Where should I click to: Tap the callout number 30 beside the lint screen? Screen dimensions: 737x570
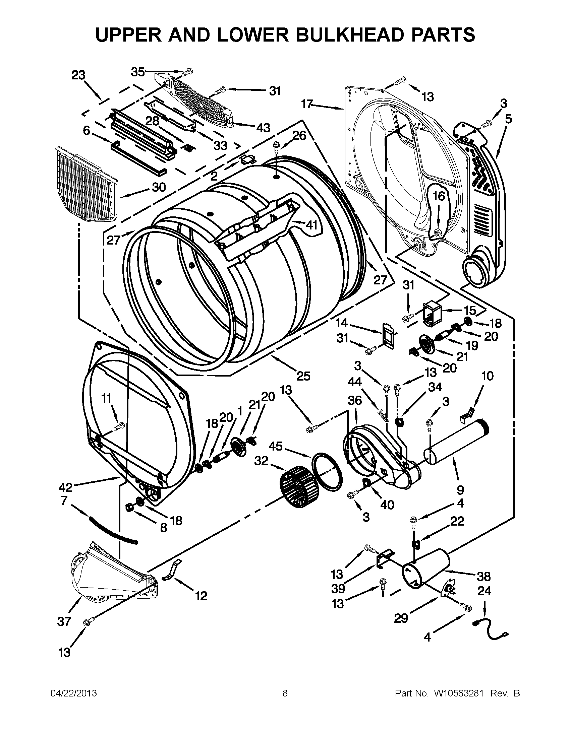point(159,187)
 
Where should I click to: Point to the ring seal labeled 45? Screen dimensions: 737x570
point(327,472)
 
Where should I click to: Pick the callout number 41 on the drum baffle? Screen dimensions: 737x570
point(311,225)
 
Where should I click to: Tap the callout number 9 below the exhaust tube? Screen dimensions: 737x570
point(461,490)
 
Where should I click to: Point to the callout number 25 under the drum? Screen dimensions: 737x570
point(303,376)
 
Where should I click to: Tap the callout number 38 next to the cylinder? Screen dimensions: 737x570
point(483,577)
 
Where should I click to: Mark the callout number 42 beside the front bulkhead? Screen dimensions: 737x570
point(65,487)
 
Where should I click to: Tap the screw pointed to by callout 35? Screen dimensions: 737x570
point(187,72)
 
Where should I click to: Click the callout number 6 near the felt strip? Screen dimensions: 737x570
point(87,131)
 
